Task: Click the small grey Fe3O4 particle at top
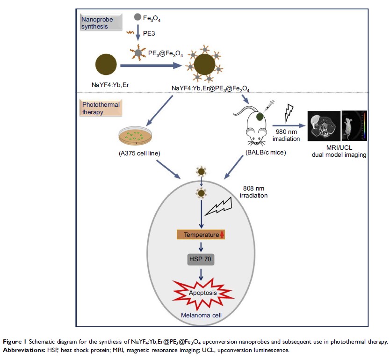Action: pos(137,17)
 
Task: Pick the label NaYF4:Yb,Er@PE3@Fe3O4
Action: pos(207,88)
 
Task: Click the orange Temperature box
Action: pos(201,235)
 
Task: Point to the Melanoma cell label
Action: pos(201,315)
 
